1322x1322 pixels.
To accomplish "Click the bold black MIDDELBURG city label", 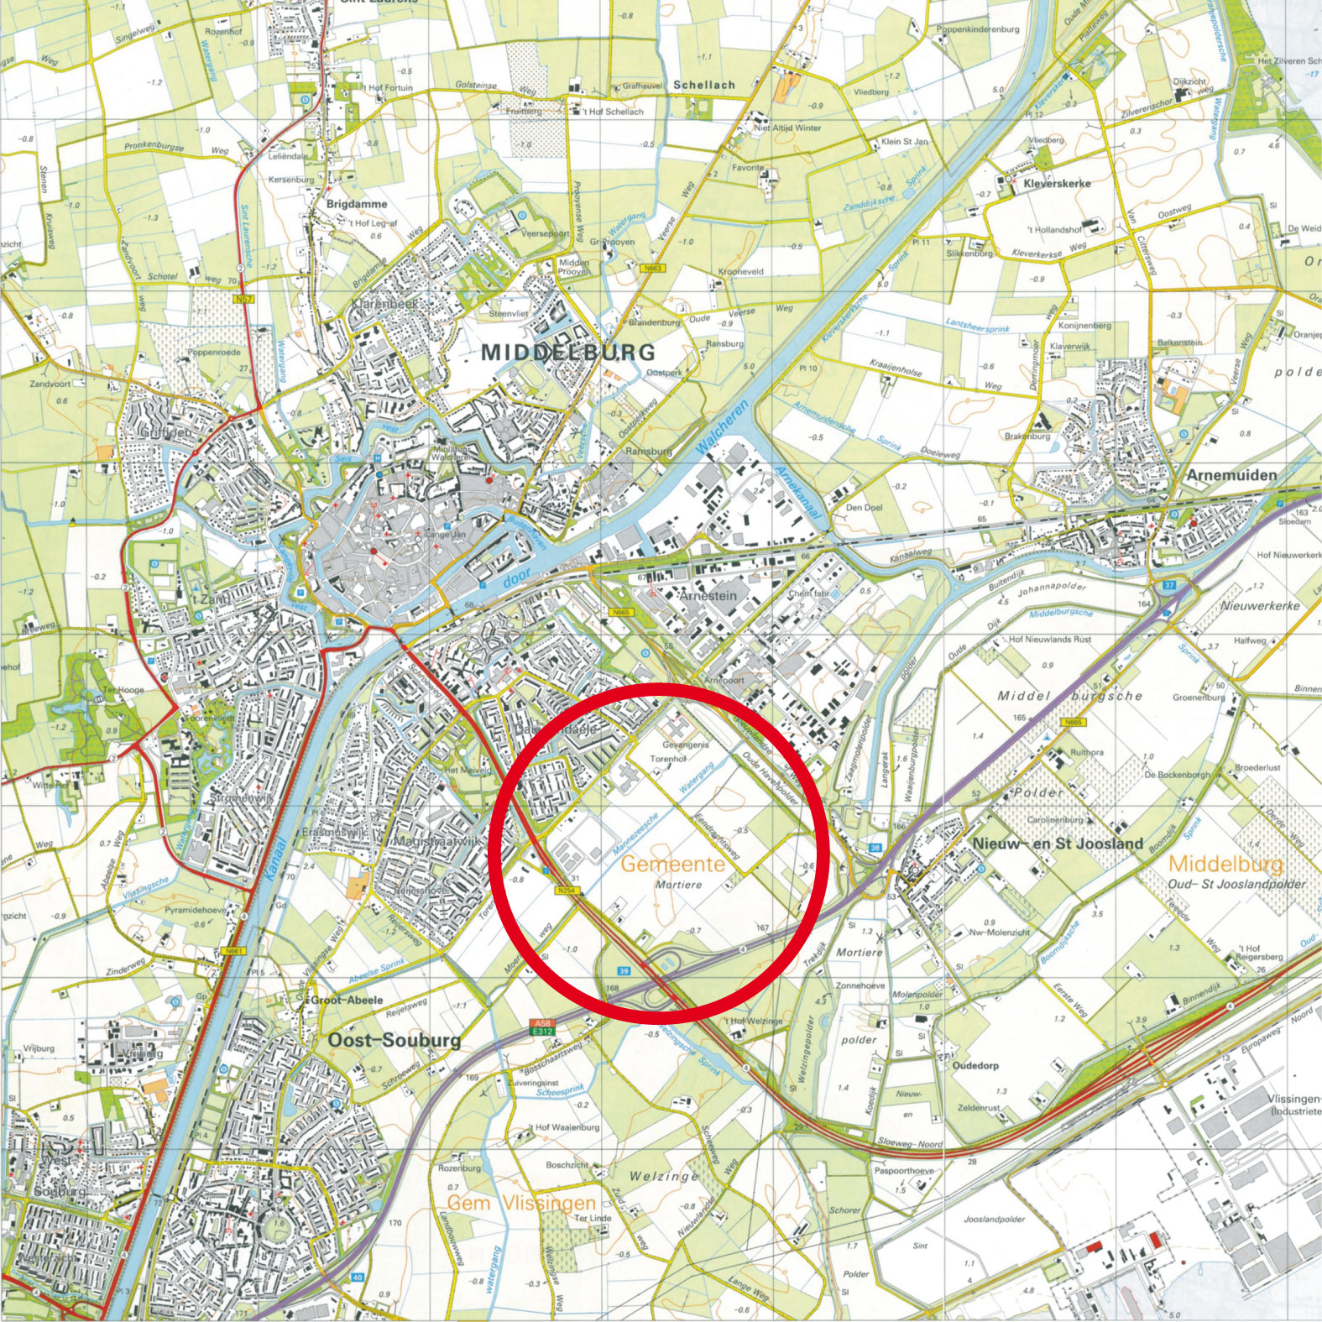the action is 567,352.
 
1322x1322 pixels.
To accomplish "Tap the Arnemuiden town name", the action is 1231,475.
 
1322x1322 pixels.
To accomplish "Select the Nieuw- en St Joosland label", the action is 1058,844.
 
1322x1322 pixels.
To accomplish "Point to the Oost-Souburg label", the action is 394,1040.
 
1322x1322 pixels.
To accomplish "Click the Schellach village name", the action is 703,85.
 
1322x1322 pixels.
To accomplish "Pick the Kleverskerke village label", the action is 1057,183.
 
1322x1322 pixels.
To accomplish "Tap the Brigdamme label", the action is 357,204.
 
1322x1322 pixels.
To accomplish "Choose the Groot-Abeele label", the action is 347,1000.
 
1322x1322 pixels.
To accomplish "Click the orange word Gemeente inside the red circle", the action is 672,864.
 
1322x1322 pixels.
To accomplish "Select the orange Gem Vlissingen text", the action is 521,1203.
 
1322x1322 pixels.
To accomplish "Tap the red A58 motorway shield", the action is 541,1022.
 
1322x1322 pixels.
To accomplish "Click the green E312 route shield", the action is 541,1031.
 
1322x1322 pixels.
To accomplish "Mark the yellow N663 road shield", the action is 653,269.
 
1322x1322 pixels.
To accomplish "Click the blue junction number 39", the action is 624,971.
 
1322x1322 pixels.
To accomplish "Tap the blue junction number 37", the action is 1169,585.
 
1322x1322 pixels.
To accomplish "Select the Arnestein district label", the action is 708,595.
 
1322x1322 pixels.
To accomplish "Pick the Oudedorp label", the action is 975,1065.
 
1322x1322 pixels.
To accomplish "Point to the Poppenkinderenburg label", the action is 978,29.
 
